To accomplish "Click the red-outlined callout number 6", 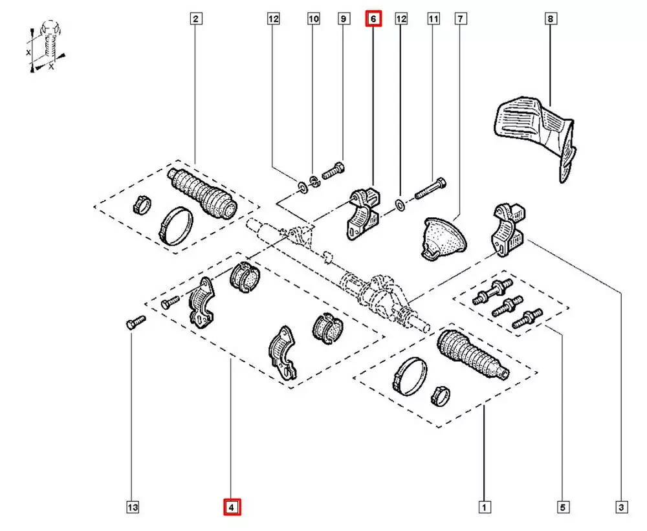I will (x=374, y=19).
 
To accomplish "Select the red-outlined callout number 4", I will (x=232, y=508).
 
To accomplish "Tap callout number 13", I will (x=132, y=508).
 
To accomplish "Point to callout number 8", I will (x=550, y=19).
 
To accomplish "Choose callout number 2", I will (x=195, y=19).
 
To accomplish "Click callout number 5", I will (x=562, y=508).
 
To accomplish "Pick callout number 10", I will (x=314, y=19).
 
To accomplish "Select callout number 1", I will (x=483, y=508).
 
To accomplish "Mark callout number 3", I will (x=622, y=508).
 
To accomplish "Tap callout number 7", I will (x=460, y=19).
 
